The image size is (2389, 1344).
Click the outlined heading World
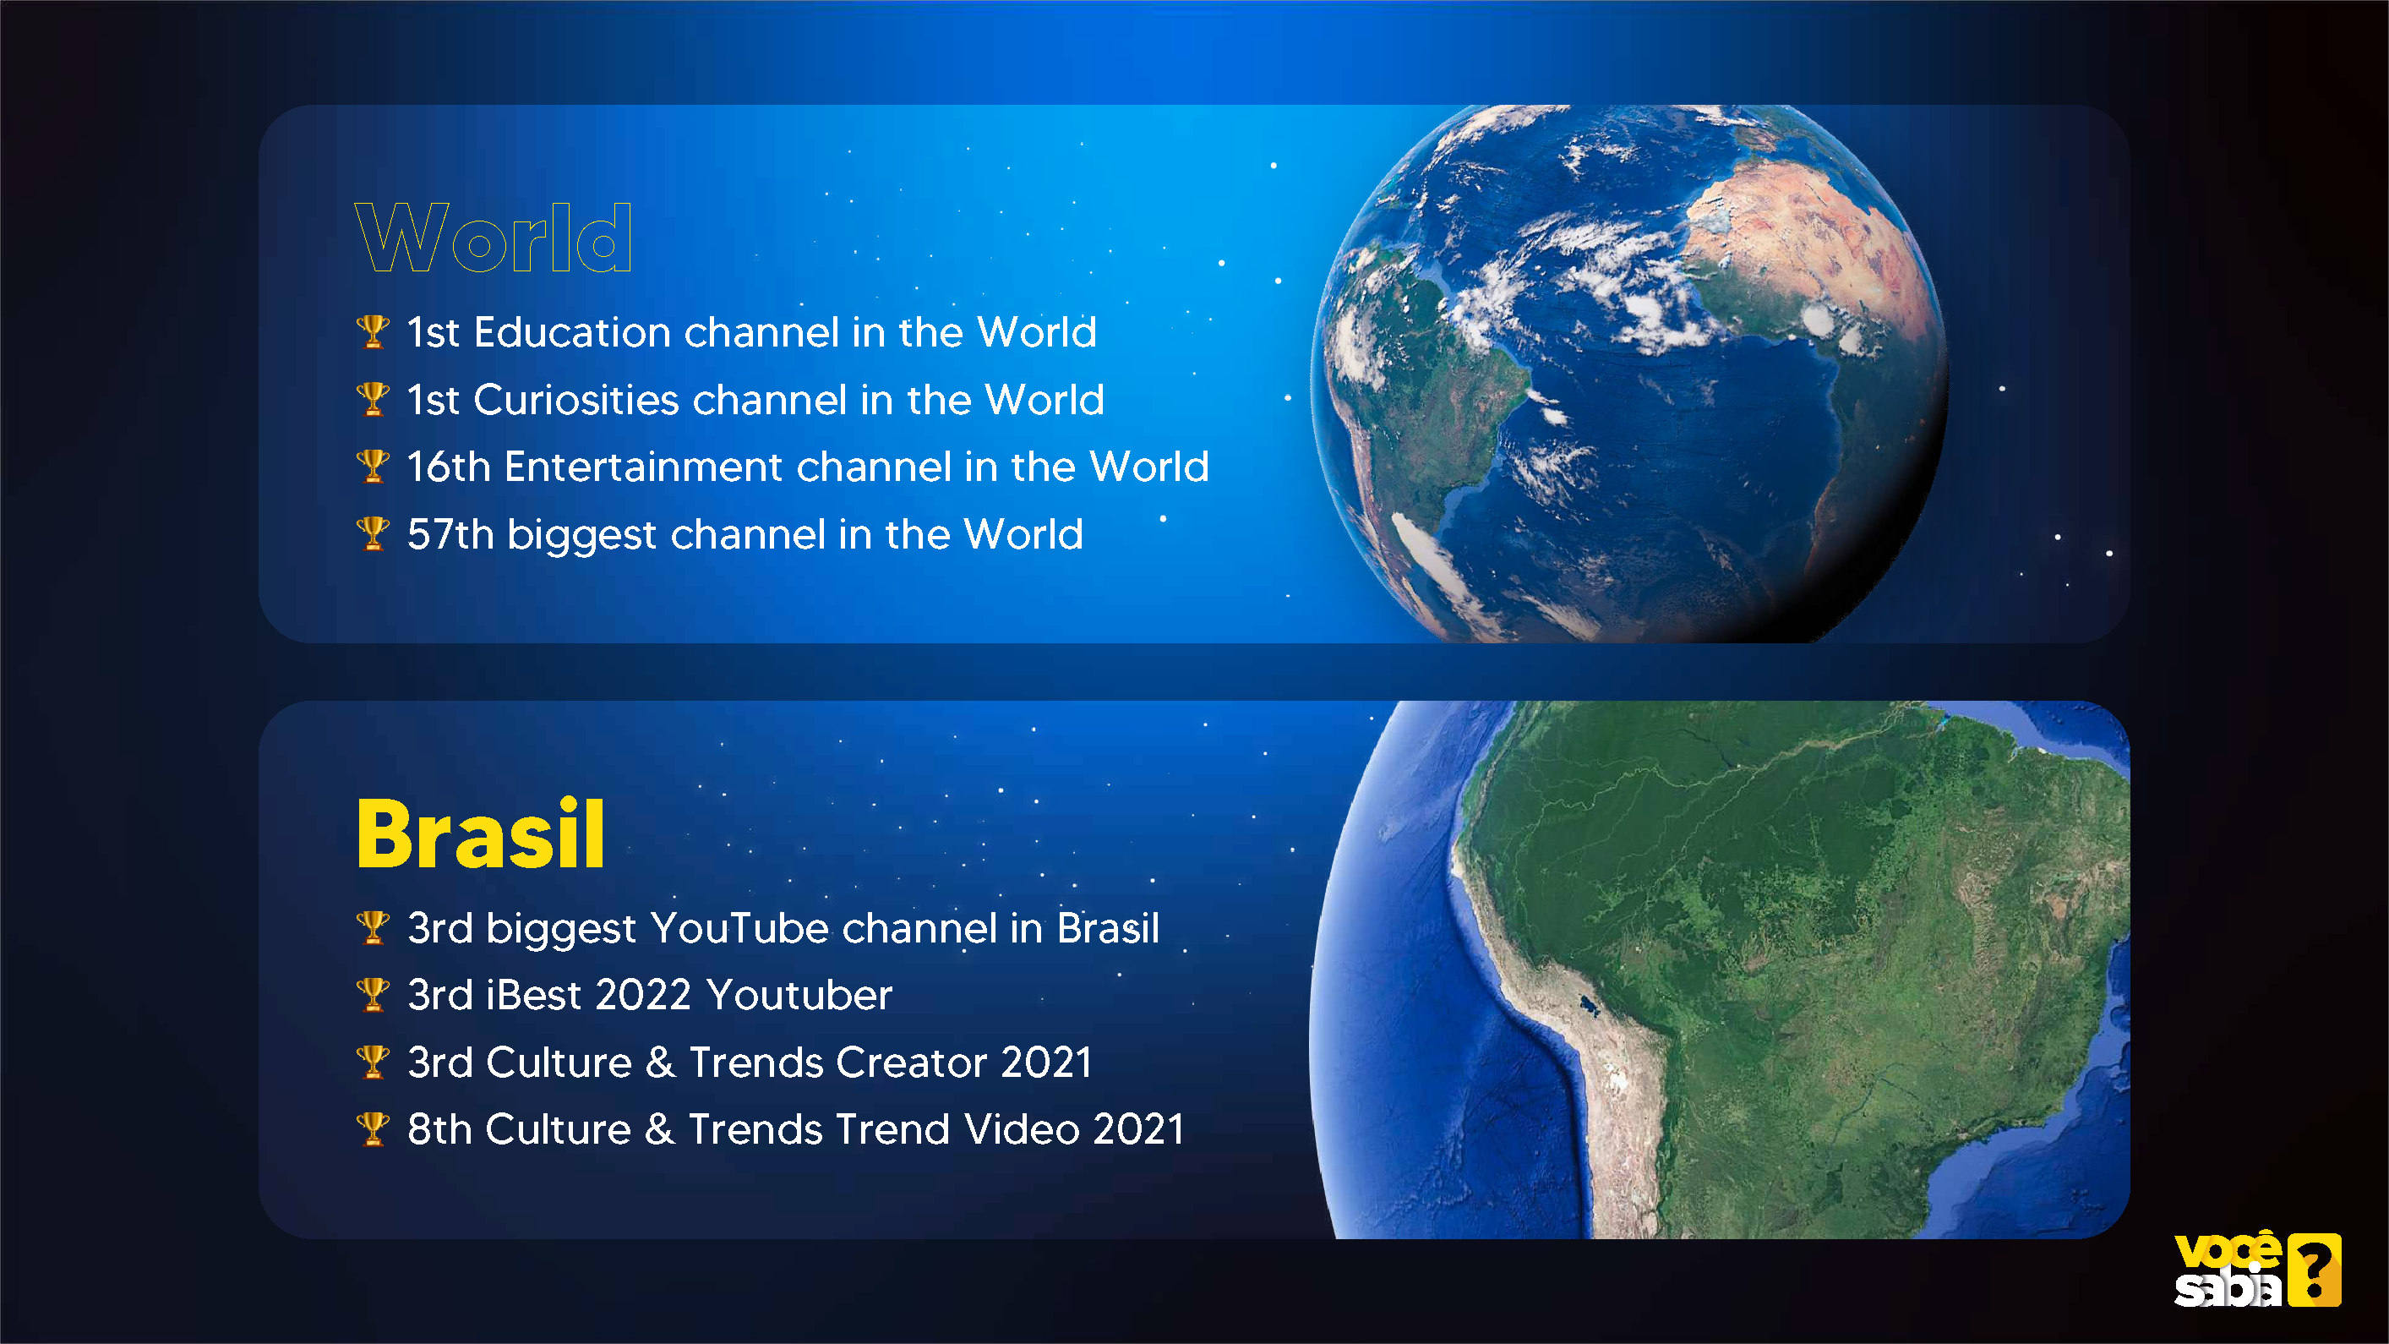pyautogui.click(x=494, y=238)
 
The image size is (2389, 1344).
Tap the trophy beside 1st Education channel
pyautogui.click(x=373, y=332)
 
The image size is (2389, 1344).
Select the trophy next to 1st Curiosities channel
pyautogui.click(x=373, y=399)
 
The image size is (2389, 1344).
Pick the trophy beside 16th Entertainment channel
pyautogui.click(x=373, y=467)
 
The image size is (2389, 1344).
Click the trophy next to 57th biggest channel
pyautogui.click(x=373, y=534)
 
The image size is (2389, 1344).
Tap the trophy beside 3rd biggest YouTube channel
pyautogui.click(x=373, y=927)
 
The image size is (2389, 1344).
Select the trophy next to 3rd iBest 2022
pyautogui.click(x=373, y=994)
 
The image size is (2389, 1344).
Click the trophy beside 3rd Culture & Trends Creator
pyautogui.click(x=373, y=1062)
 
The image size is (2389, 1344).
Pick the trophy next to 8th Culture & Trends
pyautogui.click(x=373, y=1128)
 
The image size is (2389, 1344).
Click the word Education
pyautogui.click(x=572, y=332)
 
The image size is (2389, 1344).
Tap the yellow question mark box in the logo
pyautogui.click(x=2315, y=1269)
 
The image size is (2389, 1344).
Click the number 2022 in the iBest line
pyautogui.click(x=644, y=994)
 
